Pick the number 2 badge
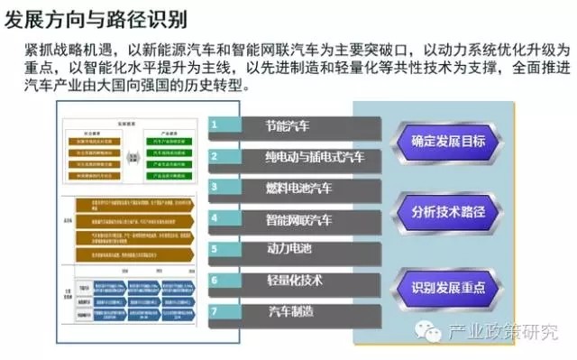pos(215,156)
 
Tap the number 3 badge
pos(215,187)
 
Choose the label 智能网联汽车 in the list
pos(299,218)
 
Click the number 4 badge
pos(215,217)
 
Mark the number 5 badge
pos(215,248)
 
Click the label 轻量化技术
pos(294,281)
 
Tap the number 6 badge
pos(215,280)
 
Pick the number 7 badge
pos(215,311)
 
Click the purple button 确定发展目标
pos(447,141)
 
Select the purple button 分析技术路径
pos(447,213)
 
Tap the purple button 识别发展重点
pos(447,287)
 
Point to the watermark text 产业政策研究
pos(503,332)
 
